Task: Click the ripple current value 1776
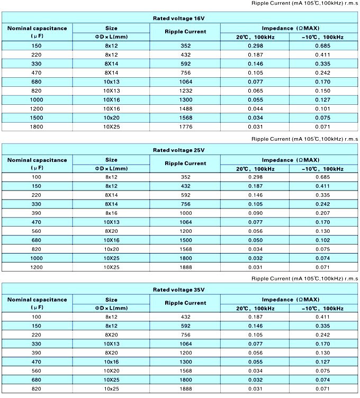[185, 127]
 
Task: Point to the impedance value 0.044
[255, 108]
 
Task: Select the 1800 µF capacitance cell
[37, 127]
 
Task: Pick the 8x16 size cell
[111, 212]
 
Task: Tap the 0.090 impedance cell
[255, 212]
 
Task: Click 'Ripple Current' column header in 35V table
[185, 303]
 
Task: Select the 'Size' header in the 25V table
[111, 159]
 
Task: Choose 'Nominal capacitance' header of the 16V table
[37, 28]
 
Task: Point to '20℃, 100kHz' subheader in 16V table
[255, 36]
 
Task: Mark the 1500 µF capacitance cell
[37, 117]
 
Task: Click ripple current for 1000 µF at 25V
[185, 258]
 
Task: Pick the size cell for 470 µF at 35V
[111, 361]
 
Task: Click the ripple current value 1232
[185, 91]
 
